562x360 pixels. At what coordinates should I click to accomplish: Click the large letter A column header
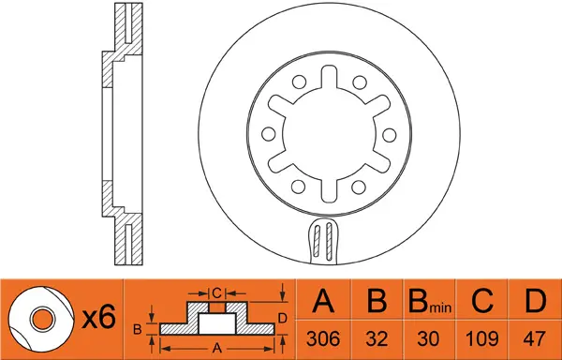pyautogui.click(x=323, y=302)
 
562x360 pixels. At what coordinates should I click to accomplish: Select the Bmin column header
pyautogui.click(x=427, y=303)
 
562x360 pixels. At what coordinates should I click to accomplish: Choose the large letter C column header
pyautogui.click(x=481, y=302)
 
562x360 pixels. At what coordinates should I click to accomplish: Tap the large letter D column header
pyautogui.click(x=533, y=302)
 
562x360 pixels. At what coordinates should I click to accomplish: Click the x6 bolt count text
pyautogui.click(x=97, y=319)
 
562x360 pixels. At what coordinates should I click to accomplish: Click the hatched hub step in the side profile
pyautogui.click(x=110, y=70)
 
